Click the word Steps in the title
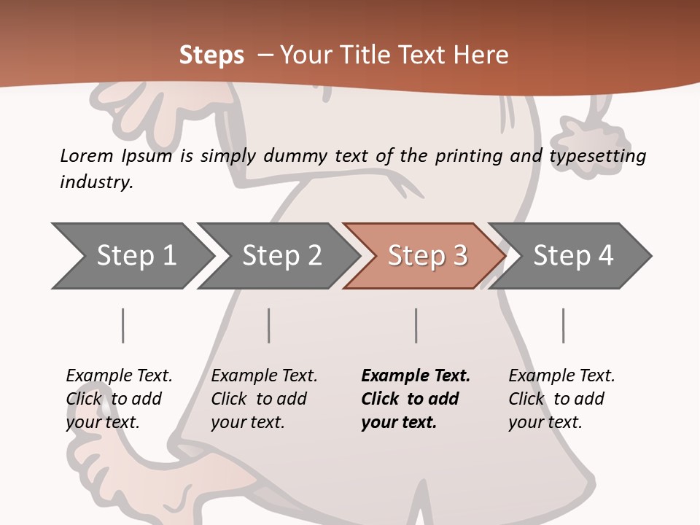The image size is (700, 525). pos(211,55)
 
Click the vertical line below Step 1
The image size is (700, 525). pos(122,325)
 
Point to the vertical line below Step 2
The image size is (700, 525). pos(269,325)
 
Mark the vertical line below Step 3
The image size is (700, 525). pos(416,325)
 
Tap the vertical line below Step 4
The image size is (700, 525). pos(563,325)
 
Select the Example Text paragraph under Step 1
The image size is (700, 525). pos(119,399)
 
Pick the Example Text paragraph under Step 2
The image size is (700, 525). pos(264,399)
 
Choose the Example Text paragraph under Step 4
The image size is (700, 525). pos(561,399)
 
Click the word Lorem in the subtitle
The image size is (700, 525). pos(86,156)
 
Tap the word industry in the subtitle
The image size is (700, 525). pos(96,182)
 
